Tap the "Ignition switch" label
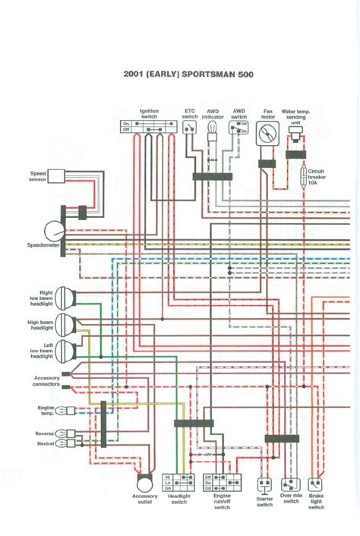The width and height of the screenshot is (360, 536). click(149, 113)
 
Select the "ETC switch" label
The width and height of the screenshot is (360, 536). click(190, 113)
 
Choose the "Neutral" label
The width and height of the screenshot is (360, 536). click(45, 443)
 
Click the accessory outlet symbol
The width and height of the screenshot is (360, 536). click(143, 481)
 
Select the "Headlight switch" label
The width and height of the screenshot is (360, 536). click(179, 499)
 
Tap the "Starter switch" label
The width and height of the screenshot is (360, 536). click(264, 502)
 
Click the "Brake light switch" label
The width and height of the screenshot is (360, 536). click(316, 502)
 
